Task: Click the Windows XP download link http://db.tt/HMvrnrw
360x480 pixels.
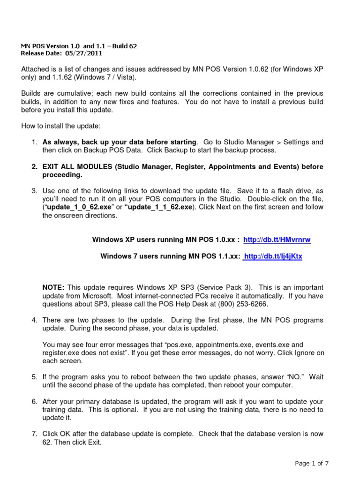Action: (x=277, y=240)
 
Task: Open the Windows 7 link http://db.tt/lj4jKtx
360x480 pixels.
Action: (x=273, y=256)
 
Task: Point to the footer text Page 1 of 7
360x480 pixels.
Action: (x=312, y=464)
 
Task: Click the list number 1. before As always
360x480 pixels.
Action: (x=34, y=142)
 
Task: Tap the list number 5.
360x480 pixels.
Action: (x=34, y=377)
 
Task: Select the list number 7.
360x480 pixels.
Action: (x=34, y=434)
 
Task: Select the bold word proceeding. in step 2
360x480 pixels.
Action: (x=62, y=175)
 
